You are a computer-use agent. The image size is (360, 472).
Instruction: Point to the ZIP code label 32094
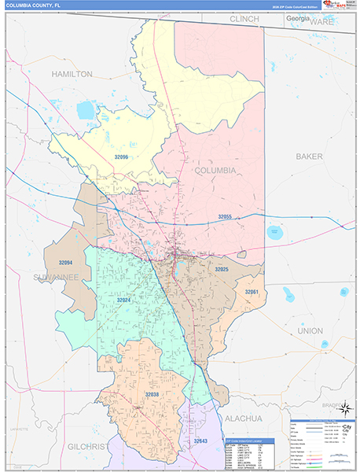pos(67,263)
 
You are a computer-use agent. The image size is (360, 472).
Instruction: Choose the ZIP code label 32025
pos(222,269)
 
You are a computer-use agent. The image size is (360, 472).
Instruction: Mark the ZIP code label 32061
pos(251,292)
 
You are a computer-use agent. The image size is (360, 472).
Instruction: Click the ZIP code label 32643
pos(201,441)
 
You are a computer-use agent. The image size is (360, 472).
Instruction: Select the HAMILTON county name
pos(72,73)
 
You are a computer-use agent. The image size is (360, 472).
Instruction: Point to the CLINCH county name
pos(245,18)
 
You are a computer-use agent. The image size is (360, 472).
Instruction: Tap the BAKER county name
pos(309,157)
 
